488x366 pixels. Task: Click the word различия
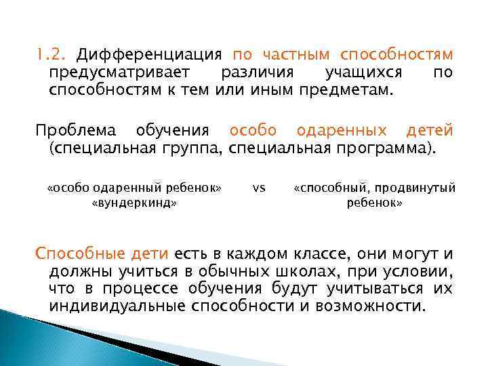point(249,73)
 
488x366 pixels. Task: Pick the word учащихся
point(363,73)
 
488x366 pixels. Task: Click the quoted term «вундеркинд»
point(134,203)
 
